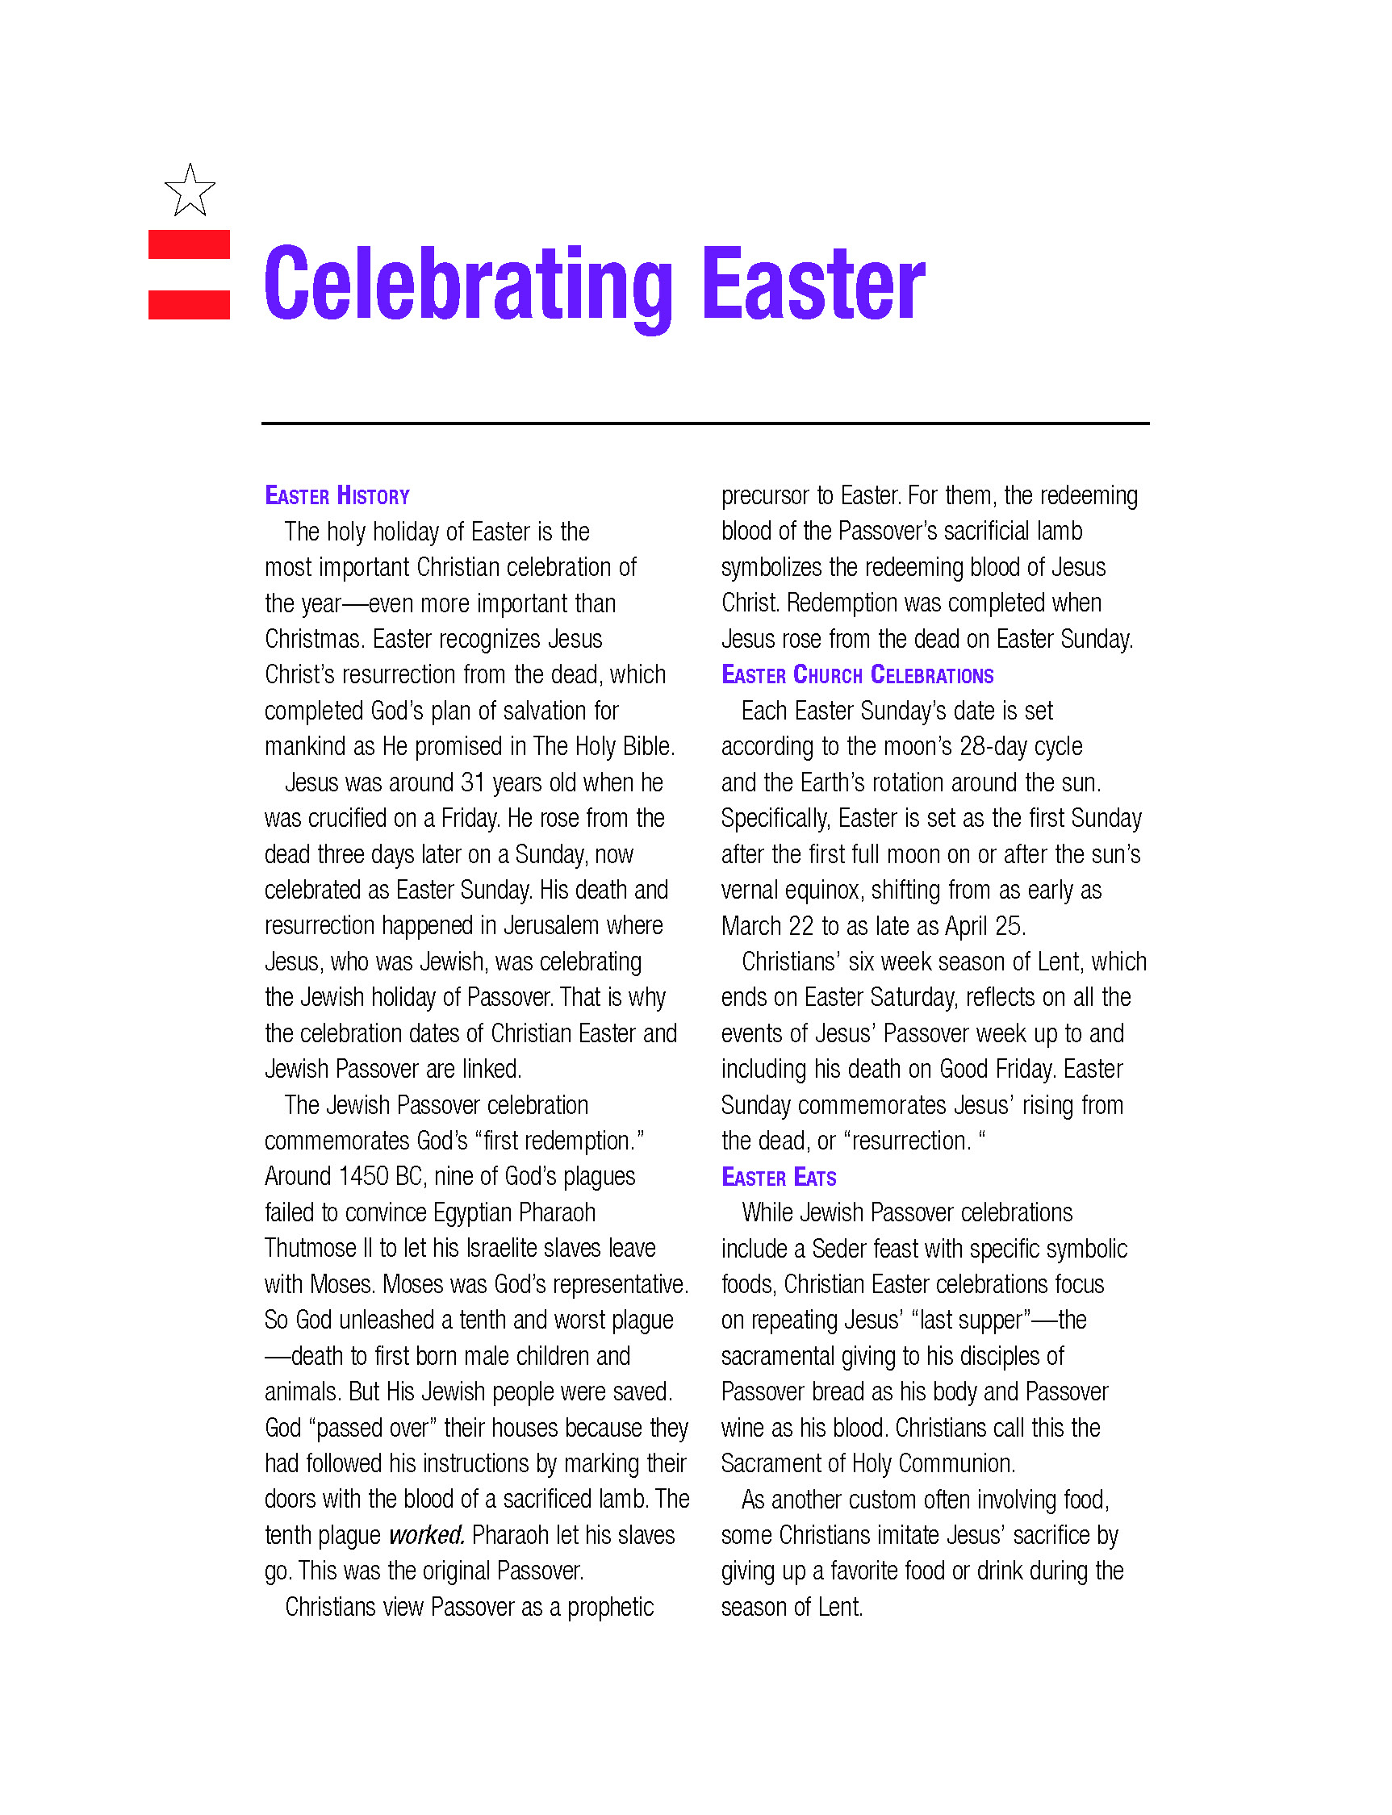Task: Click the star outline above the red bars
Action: point(190,191)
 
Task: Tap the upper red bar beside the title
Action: point(189,244)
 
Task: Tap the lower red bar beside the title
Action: point(189,304)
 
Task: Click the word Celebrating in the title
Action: point(468,284)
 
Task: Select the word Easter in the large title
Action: point(813,284)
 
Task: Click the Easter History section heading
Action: point(337,496)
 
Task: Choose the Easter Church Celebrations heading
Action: point(858,675)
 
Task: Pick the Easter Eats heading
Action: point(779,1177)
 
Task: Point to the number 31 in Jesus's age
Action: point(472,782)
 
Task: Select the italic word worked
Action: point(427,1535)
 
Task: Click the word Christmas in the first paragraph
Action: point(314,640)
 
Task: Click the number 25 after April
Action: point(1009,926)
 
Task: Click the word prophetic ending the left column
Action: point(611,1607)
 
